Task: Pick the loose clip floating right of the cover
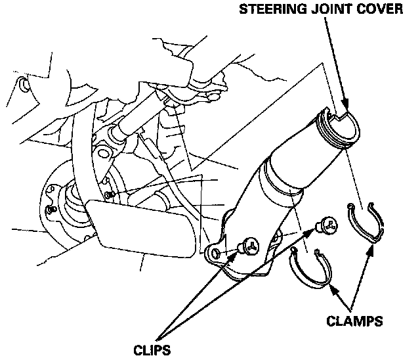325,227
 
